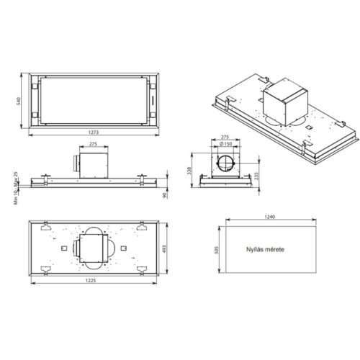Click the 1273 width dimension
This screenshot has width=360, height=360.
pos(94,132)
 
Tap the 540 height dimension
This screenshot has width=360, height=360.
pos(19,101)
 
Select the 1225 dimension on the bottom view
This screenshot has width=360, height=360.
pos(90,280)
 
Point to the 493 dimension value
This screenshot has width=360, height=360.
pos(164,248)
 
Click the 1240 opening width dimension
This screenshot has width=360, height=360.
pos(270,217)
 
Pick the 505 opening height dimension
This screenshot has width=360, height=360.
pos(217,250)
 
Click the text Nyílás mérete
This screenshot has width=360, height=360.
pos(265,249)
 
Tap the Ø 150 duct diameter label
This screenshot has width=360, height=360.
pos(226,144)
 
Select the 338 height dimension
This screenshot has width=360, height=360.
pos(189,171)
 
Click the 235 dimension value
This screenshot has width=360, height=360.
pos(256,176)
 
